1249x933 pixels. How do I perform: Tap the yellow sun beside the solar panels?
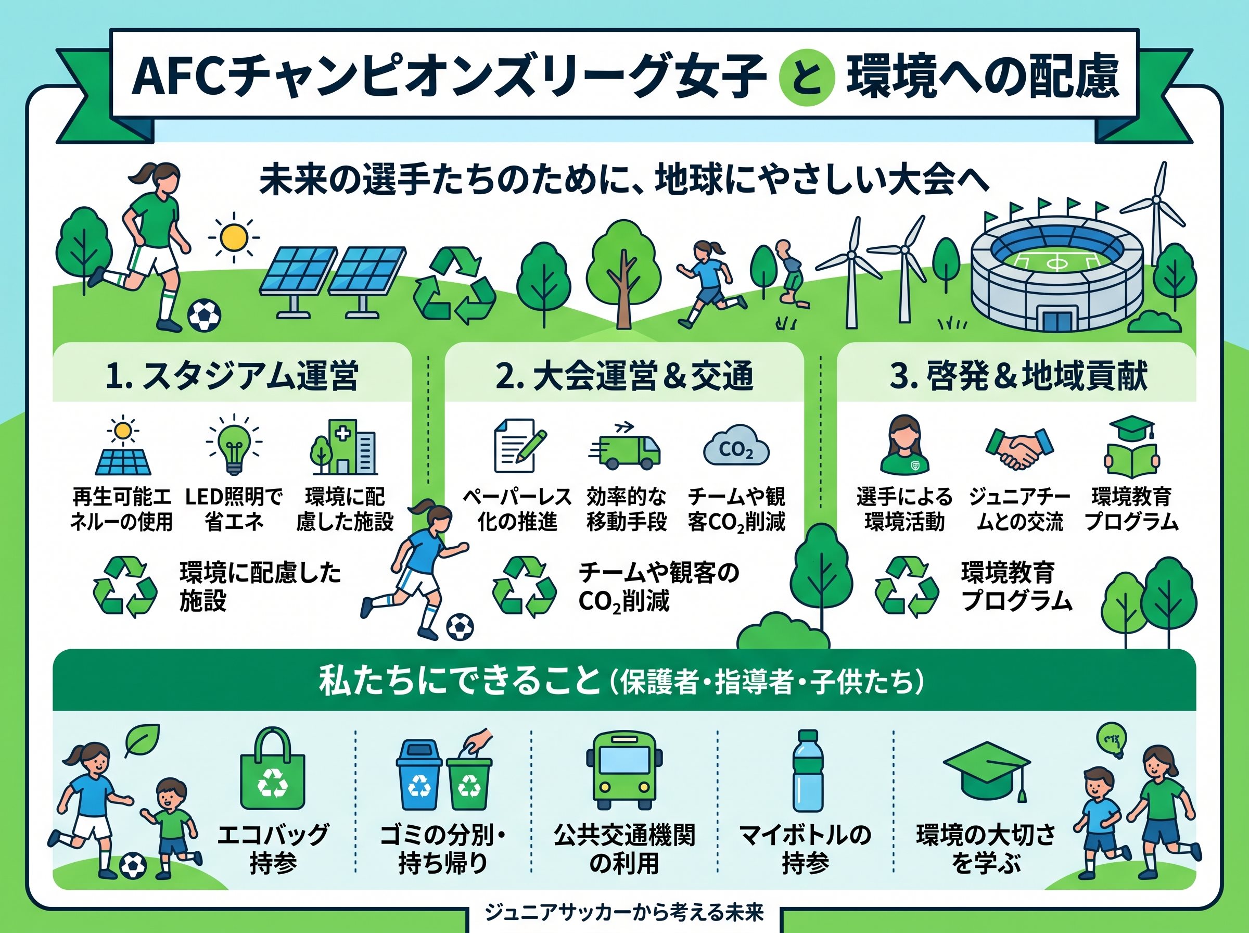233,237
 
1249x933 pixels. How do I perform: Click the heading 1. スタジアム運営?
232,375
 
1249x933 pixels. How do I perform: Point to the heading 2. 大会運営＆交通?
624,375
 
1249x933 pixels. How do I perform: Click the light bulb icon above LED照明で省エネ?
234,445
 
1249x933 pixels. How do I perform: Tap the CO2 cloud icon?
736,446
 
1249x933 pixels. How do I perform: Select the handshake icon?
1019,448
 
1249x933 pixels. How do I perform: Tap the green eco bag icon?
273,768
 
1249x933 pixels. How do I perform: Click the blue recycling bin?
419,775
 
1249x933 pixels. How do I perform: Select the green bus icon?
624,771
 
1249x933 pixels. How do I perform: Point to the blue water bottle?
808,771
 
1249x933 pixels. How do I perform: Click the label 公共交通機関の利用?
624,849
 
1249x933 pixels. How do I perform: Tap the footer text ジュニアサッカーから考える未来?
624,912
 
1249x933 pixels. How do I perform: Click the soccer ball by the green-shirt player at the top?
204,315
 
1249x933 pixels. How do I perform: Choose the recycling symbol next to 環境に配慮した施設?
125,587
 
